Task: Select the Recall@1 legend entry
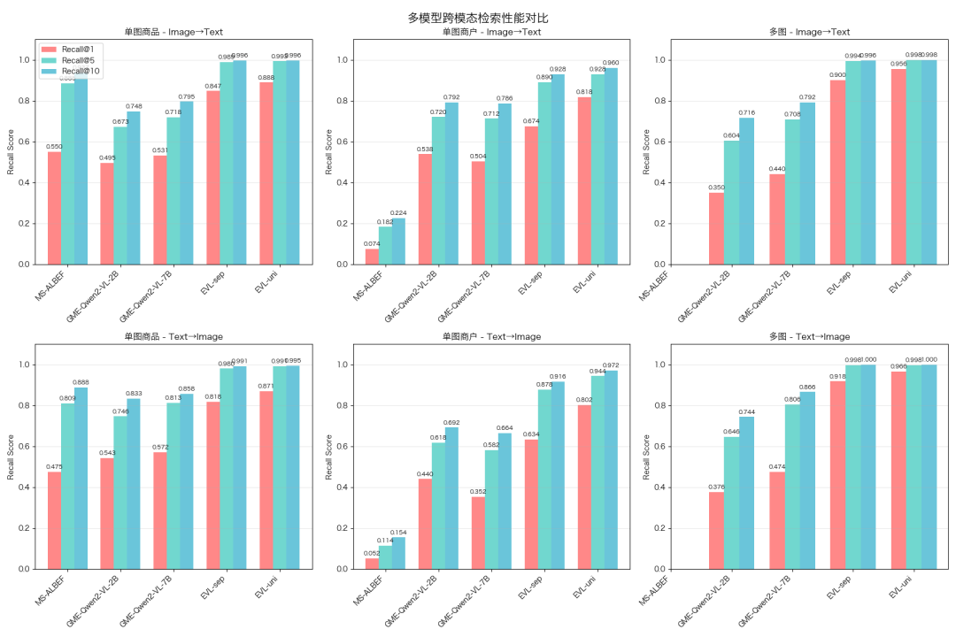pos(77,49)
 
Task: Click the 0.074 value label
pos(373,243)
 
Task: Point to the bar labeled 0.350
pos(716,228)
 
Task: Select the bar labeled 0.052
pos(373,564)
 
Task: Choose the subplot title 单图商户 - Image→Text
pos(492,33)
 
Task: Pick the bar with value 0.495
pos(107,213)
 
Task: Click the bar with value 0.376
pos(716,530)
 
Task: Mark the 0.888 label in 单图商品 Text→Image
pos(81,382)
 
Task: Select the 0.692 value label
pos(451,422)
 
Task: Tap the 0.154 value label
pos(398,532)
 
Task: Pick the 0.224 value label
pos(398,212)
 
